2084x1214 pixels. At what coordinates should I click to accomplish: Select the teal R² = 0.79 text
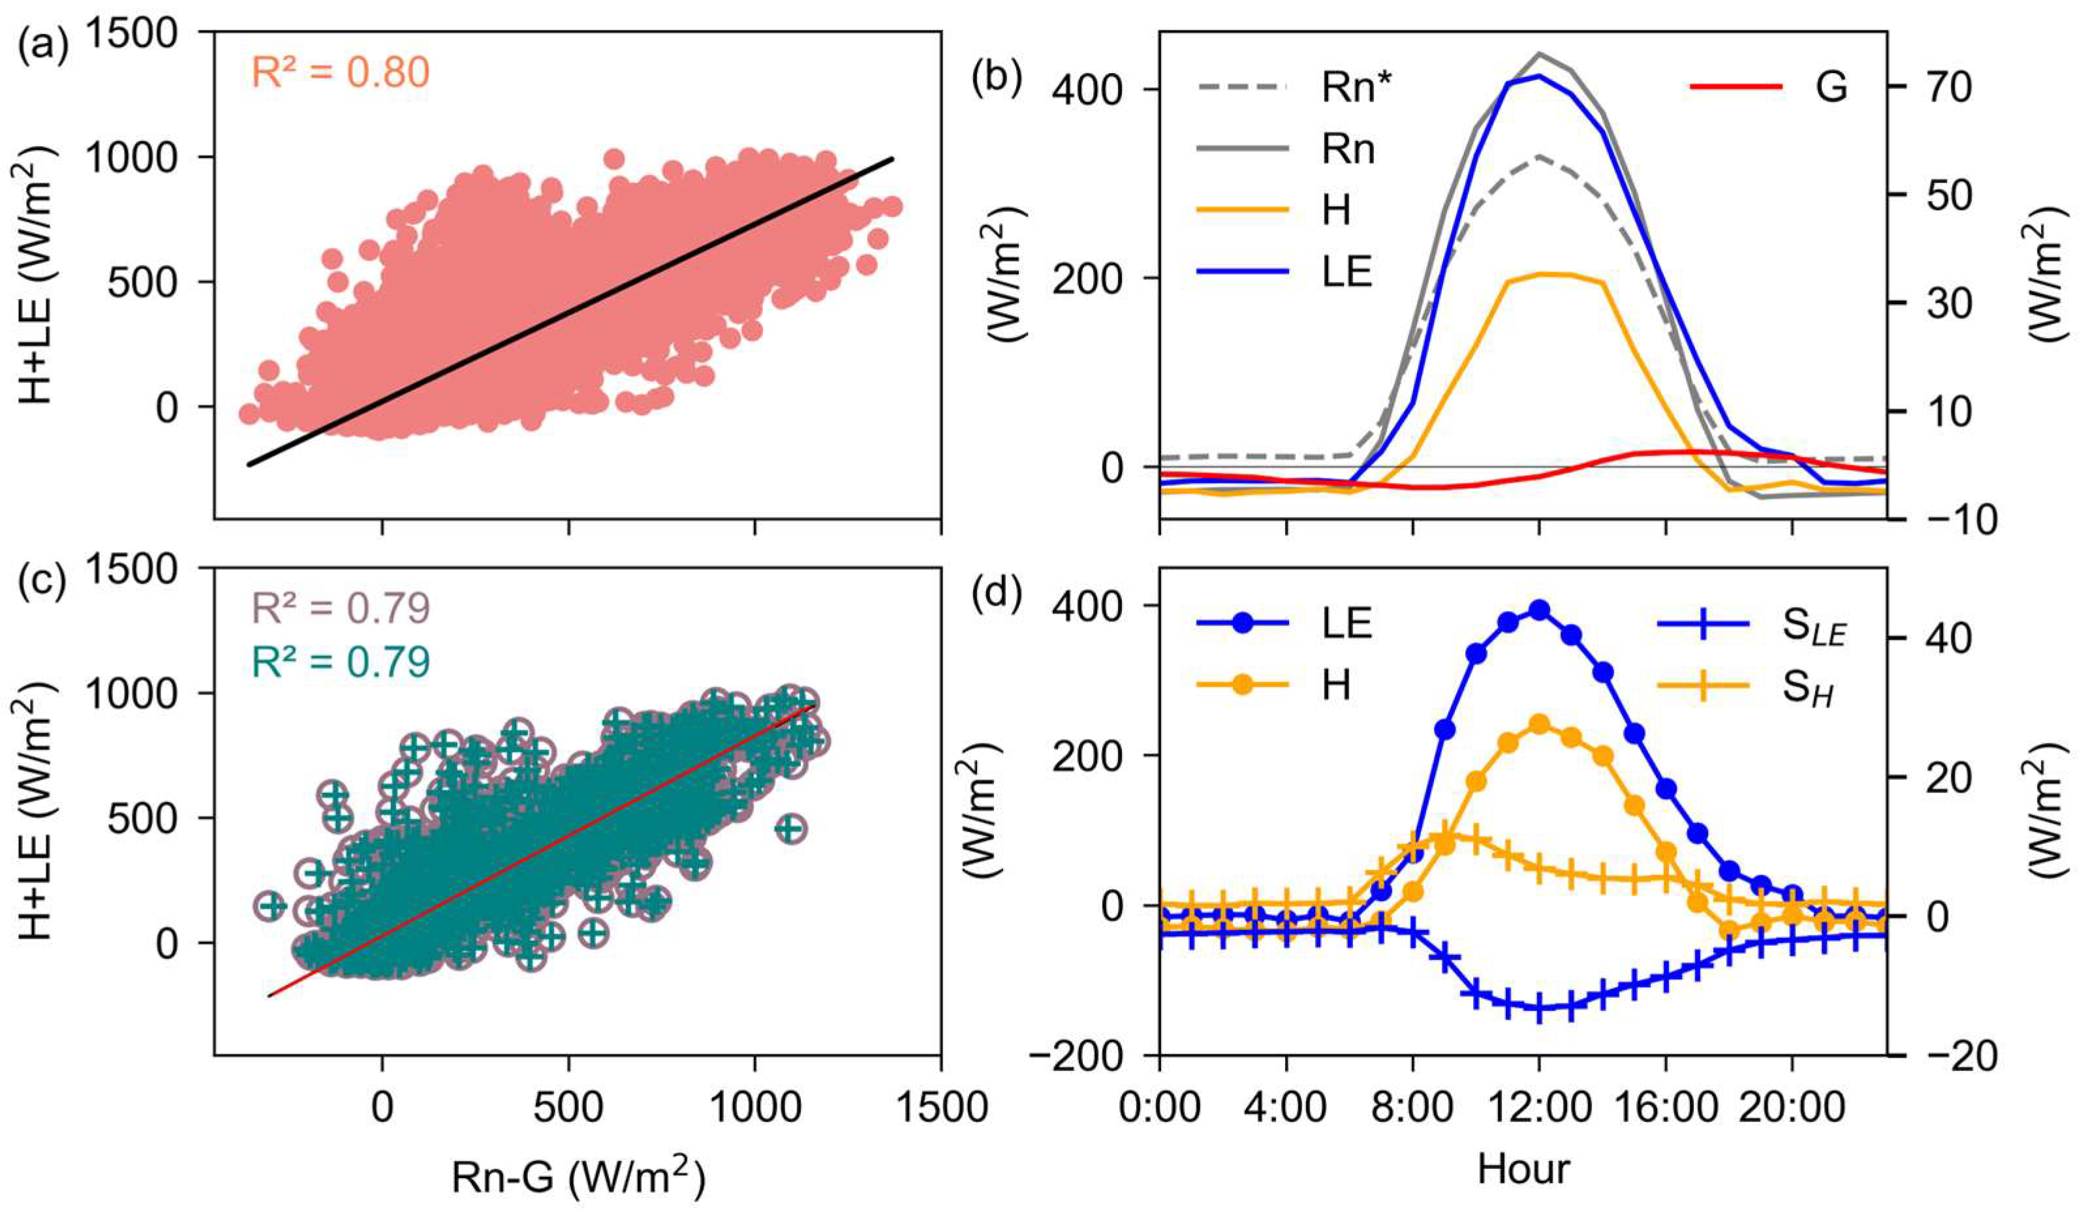340,662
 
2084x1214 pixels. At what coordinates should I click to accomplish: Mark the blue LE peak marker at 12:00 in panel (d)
1538,610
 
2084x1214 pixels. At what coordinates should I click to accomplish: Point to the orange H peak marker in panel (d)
1538,725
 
